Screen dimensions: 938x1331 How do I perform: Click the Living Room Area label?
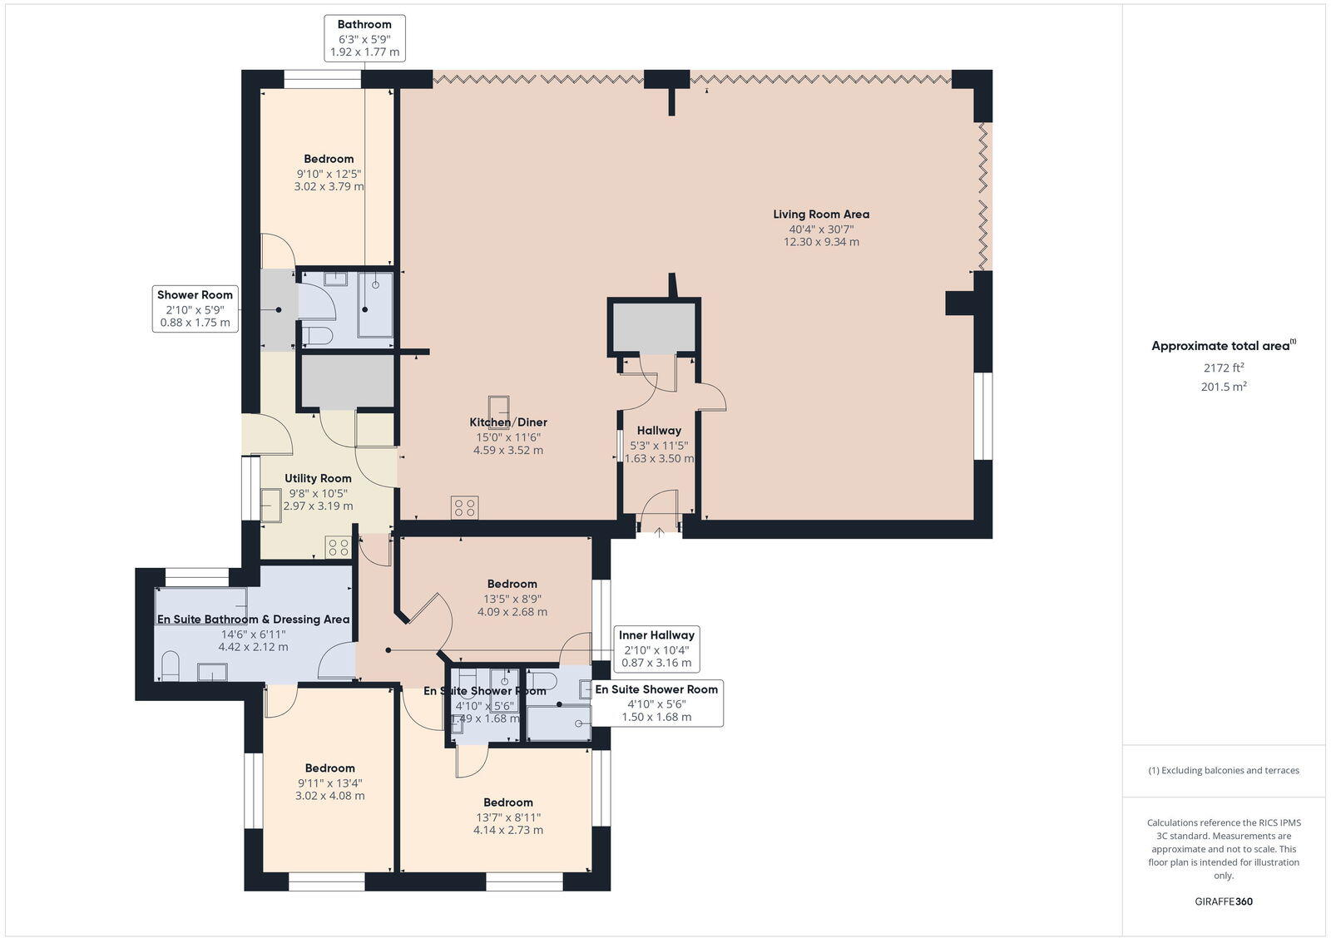821,215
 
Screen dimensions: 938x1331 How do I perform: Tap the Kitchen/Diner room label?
508,422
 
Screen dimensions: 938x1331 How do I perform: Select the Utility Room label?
318,478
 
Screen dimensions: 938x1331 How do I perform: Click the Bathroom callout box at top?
364,38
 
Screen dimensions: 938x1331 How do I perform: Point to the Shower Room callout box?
195,309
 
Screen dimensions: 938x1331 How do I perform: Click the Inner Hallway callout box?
656,649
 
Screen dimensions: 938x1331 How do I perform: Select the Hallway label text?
659,431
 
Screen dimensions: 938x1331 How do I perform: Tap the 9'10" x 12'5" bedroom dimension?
329,174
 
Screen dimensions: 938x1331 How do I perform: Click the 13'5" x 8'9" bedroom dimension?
512,598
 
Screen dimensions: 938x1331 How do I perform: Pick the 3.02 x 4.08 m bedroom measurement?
329,796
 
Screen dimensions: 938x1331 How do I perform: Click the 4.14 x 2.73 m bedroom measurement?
507,830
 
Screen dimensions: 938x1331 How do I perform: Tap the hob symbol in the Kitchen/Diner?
464,507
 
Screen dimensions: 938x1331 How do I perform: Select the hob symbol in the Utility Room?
338,546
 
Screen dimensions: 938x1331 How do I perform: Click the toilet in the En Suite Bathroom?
171,666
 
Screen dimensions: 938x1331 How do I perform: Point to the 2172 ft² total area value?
1223,368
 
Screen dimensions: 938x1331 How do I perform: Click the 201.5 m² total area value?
1223,387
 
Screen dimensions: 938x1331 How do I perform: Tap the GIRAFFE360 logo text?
1223,901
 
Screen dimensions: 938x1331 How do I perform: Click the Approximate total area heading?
1220,346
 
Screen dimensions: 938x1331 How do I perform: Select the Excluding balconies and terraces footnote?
1223,770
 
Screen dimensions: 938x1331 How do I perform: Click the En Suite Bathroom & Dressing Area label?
253,620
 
